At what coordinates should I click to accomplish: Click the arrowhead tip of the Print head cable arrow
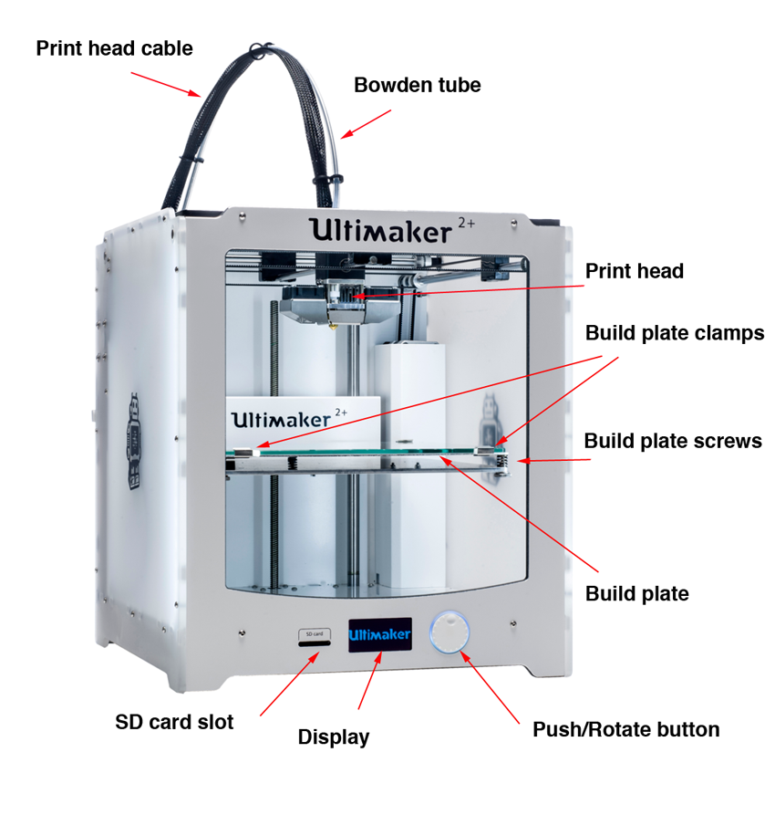201,96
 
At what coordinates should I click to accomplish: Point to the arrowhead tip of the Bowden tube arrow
341,138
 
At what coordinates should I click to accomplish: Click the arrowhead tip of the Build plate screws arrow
517,461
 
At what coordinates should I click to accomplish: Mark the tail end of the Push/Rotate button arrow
519,723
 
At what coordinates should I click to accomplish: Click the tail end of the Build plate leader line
598,571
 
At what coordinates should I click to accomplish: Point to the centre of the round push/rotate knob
449,632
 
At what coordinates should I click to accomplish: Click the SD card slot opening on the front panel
315,643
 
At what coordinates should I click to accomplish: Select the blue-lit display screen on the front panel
380,634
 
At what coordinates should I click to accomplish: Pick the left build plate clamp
246,452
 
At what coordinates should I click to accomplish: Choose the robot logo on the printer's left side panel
135,442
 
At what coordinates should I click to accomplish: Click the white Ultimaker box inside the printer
304,422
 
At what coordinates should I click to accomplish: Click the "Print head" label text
635,271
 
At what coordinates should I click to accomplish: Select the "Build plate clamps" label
675,333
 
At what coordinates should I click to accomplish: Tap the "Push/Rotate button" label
625,730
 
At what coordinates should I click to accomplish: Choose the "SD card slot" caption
174,722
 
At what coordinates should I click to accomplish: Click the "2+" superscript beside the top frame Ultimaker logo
467,223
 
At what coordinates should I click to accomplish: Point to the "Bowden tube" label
417,85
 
